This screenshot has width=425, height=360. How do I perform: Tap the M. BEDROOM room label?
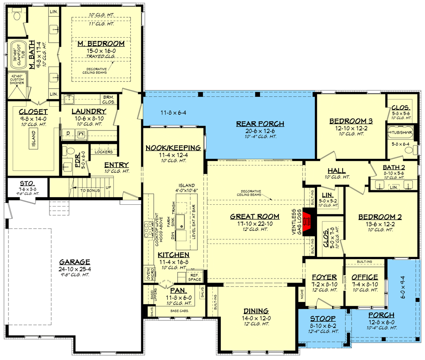100,44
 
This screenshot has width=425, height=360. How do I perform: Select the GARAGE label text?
75,262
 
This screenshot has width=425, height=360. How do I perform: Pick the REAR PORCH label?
261,124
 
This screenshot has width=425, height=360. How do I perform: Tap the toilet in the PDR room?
66,151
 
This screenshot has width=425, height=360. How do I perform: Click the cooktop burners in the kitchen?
148,231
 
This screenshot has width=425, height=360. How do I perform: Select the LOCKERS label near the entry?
104,152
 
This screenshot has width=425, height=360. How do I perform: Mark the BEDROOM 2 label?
380,217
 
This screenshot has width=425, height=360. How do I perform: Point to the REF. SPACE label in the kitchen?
194,276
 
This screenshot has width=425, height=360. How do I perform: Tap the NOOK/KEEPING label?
173,148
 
